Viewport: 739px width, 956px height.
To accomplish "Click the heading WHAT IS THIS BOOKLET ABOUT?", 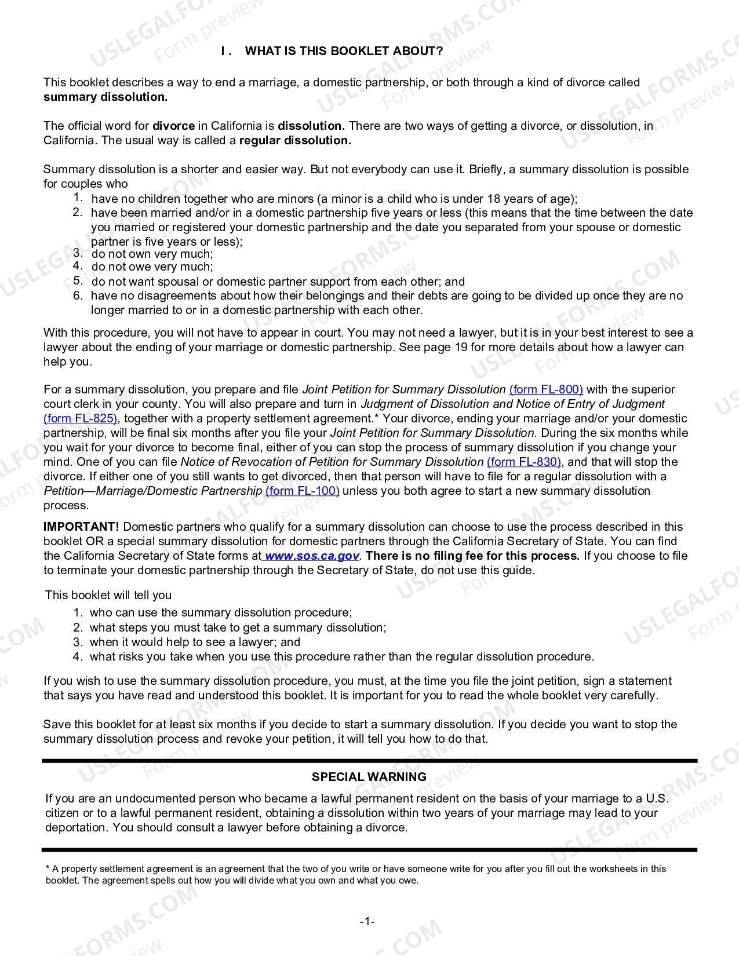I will pyautogui.click(x=344, y=51).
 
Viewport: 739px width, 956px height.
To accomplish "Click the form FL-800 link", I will pyautogui.click(x=546, y=389).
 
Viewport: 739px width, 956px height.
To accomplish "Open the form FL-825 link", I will pyautogui.click(x=81, y=418).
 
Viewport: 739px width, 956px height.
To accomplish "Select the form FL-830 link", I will pyautogui.click(x=524, y=462).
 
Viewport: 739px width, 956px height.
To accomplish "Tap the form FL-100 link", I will pyautogui.click(x=303, y=491).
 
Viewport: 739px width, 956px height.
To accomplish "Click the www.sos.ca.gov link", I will pyautogui.click(x=312, y=556).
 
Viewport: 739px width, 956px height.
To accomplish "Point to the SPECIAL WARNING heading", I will pyautogui.click(x=369, y=777).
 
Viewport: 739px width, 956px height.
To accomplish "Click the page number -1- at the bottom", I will pyautogui.click(x=367, y=921).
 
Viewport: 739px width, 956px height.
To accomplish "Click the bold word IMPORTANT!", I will pyautogui.click(x=81, y=527).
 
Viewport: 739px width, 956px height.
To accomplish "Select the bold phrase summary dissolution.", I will pyautogui.click(x=105, y=97).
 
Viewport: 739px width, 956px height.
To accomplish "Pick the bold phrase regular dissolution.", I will pyautogui.click(x=295, y=140).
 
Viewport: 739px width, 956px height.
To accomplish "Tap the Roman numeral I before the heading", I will pyautogui.click(x=223, y=51).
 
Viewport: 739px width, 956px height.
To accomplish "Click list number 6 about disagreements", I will pyautogui.click(x=78, y=295).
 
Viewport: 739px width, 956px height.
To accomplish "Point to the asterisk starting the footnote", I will pyautogui.click(x=48, y=869).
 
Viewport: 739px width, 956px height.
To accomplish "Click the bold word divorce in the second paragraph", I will pyautogui.click(x=173, y=126).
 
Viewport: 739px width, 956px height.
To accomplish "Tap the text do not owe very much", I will pyautogui.click(x=152, y=267).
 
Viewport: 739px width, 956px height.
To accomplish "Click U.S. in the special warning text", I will pyautogui.click(x=657, y=798).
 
